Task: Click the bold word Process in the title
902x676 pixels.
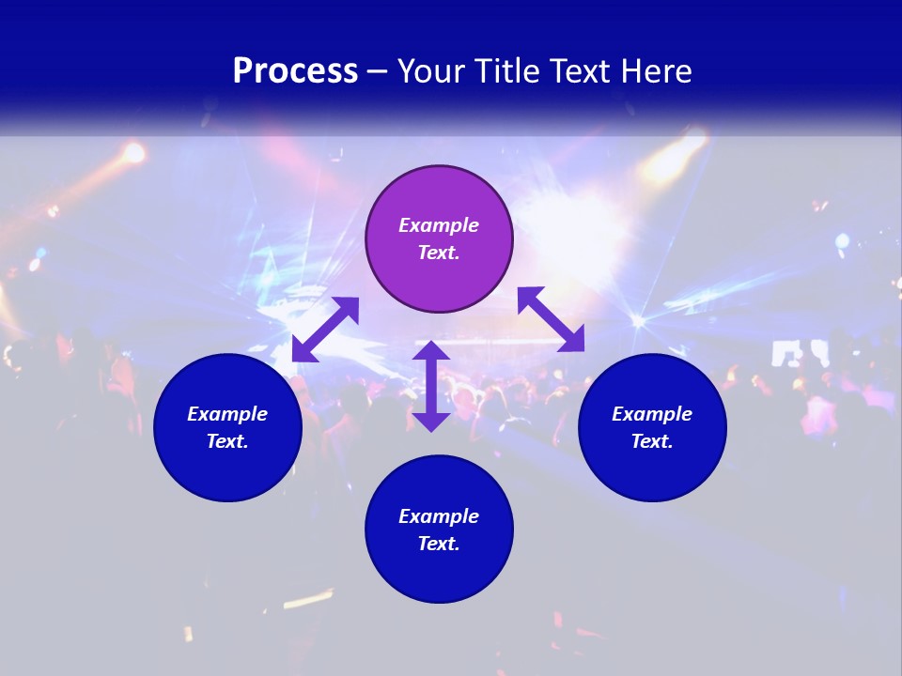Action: pos(295,71)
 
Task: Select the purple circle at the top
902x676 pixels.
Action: pos(439,282)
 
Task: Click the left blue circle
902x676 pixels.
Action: pos(227,469)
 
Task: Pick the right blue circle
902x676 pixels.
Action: pos(652,469)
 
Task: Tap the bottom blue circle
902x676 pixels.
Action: pos(439,573)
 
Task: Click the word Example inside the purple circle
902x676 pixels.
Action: pos(439,225)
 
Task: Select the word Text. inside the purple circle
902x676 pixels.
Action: pos(439,253)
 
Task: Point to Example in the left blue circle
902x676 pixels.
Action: pos(227,414)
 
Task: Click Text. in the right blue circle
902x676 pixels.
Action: pos(652,441)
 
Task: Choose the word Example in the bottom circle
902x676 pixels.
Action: pos(439,516)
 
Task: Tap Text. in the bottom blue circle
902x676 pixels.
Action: pos(439,544)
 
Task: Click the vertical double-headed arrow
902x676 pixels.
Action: pos(431,386)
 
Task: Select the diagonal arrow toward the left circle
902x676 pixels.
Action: pos(325,330)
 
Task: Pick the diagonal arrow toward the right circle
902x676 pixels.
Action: pos(552,320)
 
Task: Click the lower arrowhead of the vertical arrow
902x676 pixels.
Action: pos(431,422)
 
